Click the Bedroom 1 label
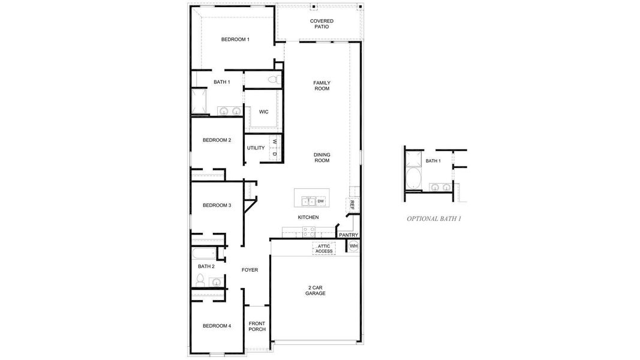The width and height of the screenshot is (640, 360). pos(235,40)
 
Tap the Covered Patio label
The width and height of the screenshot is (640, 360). pos(321,24)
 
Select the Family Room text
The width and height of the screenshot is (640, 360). pos(321,86)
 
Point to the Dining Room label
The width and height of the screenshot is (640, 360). pos(321,158)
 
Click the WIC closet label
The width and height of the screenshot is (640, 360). pos(263,112)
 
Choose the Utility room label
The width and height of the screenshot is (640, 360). pos(256,148)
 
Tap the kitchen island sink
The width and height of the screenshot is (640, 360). pos(308,201)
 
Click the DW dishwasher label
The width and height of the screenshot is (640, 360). pos(321,201)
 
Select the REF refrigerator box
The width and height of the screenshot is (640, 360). pos(352,205)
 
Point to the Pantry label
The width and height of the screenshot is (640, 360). pos(348,235)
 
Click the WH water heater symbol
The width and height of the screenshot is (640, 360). pos(353,246)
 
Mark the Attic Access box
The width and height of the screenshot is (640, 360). pos(324,248)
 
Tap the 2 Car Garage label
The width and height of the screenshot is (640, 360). pos(316,290)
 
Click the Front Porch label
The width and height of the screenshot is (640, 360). pos(257,326)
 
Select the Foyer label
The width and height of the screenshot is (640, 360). pos(250,270)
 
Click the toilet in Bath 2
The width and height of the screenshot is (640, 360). pos(201,280)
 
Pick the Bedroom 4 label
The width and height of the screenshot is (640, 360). pos(217,326)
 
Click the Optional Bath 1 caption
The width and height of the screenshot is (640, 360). pos(434,219)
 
